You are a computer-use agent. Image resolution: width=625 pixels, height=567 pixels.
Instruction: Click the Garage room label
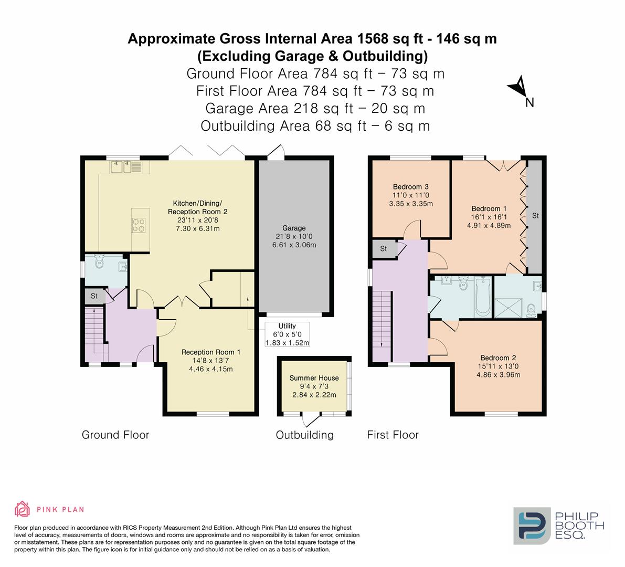tap(294, 228)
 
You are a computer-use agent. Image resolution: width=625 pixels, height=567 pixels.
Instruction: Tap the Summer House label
tap(314, 378)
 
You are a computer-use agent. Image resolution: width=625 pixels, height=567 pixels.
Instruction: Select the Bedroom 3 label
tap(411, 187)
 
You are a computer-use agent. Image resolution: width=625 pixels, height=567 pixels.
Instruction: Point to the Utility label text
tap(287, 326)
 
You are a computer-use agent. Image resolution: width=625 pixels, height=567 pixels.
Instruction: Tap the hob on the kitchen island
tap(139, 225)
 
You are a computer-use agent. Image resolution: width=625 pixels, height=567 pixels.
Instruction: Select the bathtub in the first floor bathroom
tap(482, 297)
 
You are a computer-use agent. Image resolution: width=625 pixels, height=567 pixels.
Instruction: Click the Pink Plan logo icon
tap(23, 509)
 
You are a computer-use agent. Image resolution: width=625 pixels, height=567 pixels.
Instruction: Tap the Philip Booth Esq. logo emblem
tap(532, 525)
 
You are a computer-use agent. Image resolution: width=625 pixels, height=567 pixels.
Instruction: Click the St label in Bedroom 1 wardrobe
tap(535, 216)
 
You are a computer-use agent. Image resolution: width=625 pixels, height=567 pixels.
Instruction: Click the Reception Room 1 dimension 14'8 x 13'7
tap(211, 361)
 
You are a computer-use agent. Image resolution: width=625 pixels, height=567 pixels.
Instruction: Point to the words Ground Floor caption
tap(115, 435)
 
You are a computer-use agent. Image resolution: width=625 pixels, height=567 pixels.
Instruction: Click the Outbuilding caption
tap(304, 435)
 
